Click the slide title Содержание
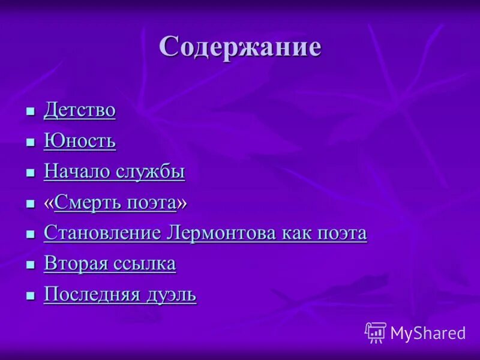coord(240,47)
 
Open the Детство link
coord(79,110)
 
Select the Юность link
coord(79,141)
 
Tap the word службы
coord(151,172)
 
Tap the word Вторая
coord(74,263)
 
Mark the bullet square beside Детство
coord(31,112)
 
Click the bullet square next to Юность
coord(31,142)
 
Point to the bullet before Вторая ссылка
coord(31,265)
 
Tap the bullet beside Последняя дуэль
coord(31,296)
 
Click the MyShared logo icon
coord(376,332)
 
